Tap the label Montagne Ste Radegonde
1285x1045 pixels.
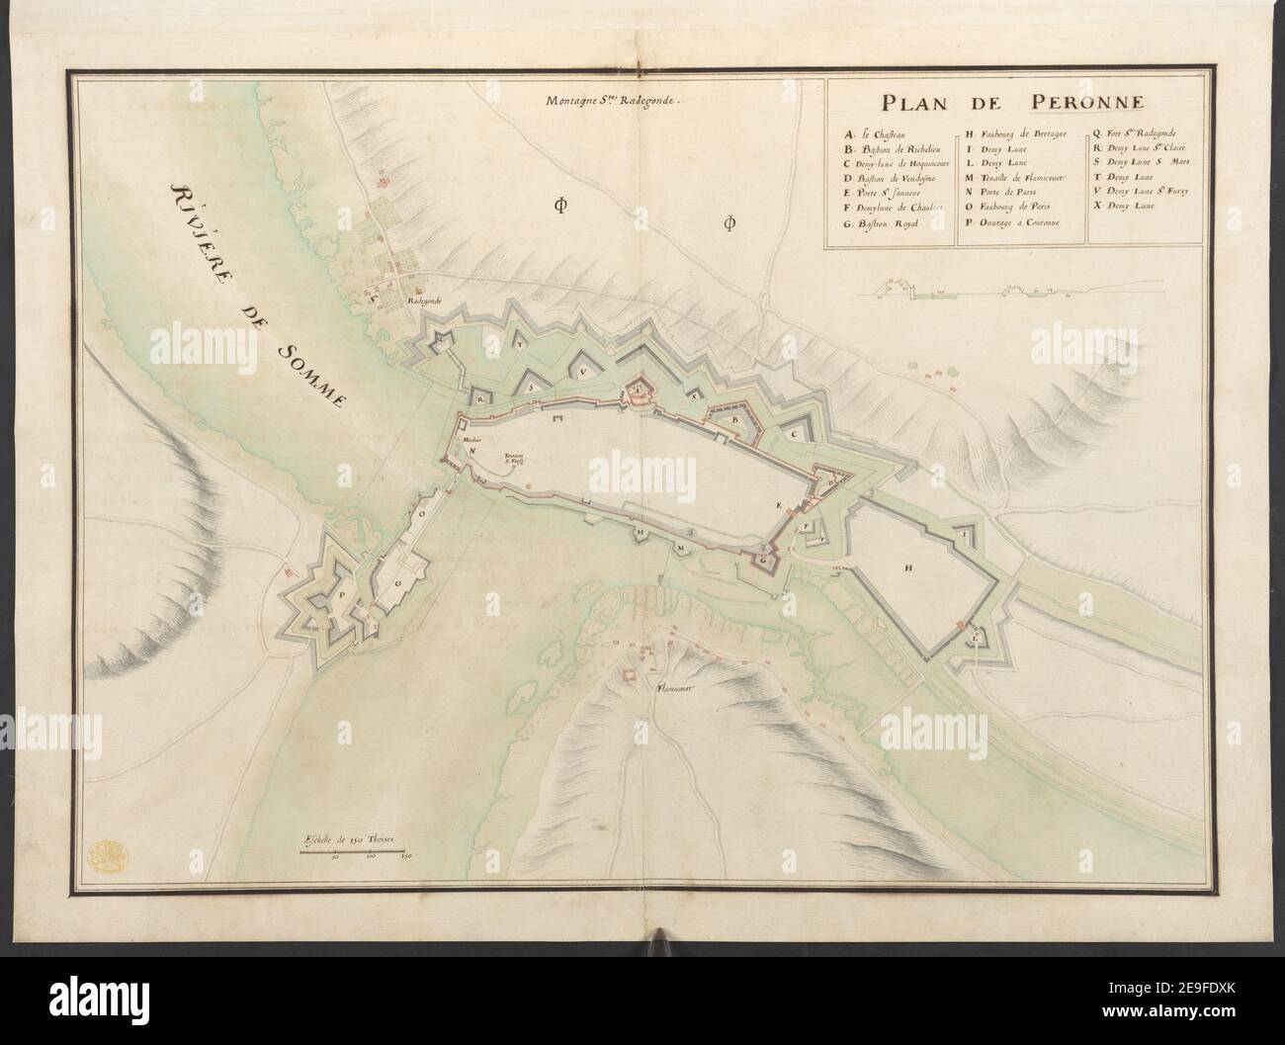coord(613,99)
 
